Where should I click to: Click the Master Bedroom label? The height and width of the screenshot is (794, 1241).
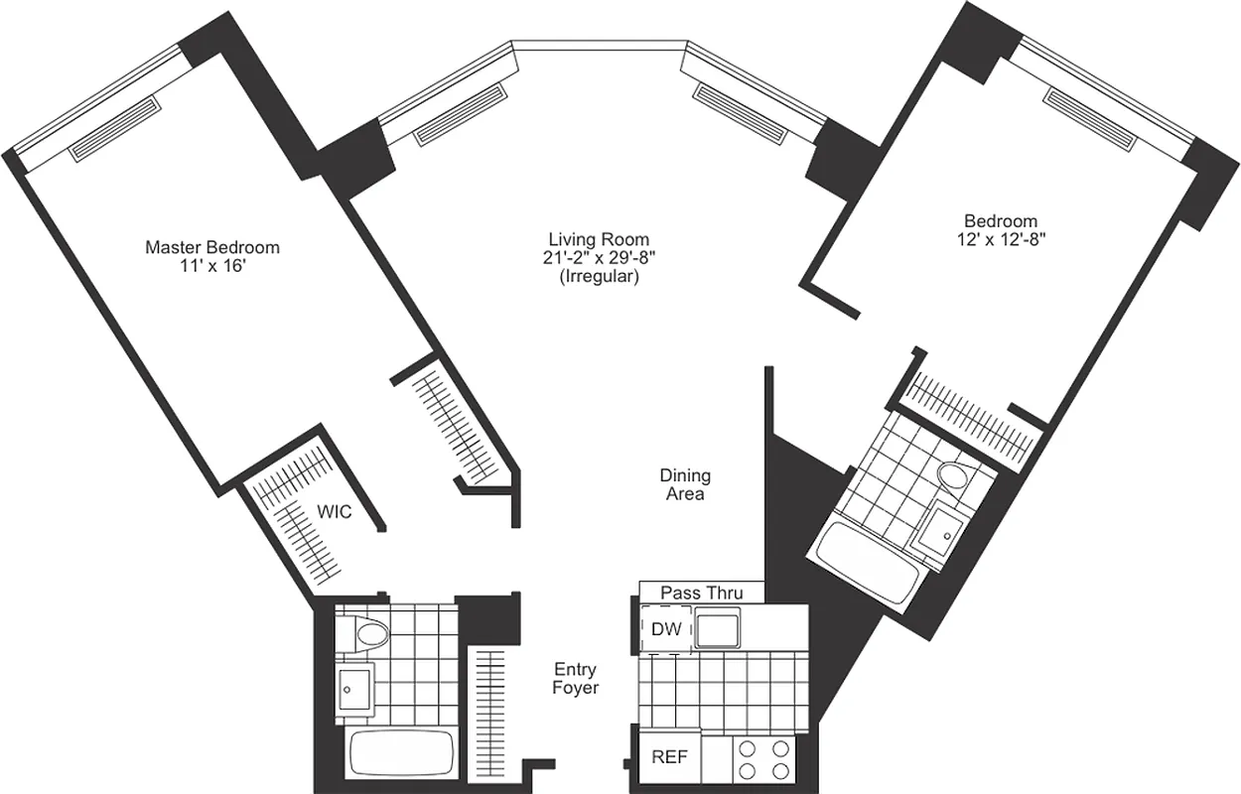click(x=212, y=247)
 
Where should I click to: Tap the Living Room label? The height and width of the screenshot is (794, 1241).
click(x=599, y=239)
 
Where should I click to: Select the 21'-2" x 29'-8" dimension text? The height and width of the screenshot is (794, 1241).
click(x=599, y=258)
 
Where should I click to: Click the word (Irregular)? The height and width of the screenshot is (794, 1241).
click(x=599, y=277)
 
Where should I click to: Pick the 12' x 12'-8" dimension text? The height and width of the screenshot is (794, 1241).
click(x=1001, y=239)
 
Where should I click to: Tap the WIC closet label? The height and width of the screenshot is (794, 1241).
click(x=334, y=511)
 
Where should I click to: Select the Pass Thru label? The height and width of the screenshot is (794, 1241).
click(x=701, y=594)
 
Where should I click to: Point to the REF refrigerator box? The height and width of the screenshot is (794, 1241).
click(x=669, y=757)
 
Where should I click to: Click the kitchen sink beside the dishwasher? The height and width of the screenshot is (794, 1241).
click(x=718, y=629)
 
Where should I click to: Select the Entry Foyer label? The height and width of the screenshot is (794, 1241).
click(x=576, y=678)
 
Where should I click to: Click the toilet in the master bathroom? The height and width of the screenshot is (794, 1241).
click(x=363, y=633)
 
